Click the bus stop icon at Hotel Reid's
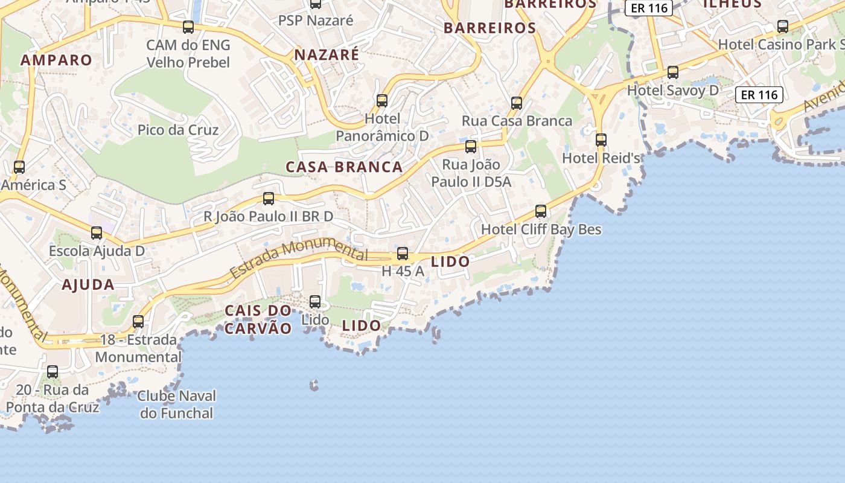(x=601, y=140)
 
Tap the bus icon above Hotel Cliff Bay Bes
(x=541, y=211)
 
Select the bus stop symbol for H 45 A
(x=403, y=254)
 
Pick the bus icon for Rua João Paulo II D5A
(x=471, y=147)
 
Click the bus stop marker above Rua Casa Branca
(x=517, y=103)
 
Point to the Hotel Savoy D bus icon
(x=673, y=72)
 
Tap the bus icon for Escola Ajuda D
(x=97, y=233)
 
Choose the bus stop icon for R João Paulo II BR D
(x=269, y=199)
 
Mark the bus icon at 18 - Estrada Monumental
(x=138, y=322)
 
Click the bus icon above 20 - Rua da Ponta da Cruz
(x=53, y=372)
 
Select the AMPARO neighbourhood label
(x=56, y=60)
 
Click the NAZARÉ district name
(x=327, y=55)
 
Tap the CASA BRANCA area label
(x=344, y=167)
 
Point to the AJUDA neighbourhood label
(x=88, y=285)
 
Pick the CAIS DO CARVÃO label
(x=258, y=319)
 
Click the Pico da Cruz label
(x=178, y=130)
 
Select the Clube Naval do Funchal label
(x=176, y=405)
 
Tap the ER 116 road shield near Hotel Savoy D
(x=759, y=95)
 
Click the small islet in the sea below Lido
(x=314, y=385)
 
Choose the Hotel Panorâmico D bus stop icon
(x=382, y=101)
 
